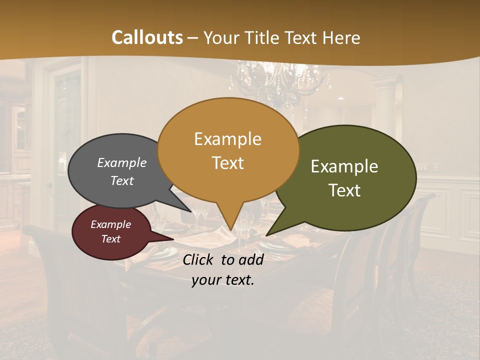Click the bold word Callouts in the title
(x=147, y=37)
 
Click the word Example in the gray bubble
(x=121, y=162)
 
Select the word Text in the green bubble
(x=344, y=190)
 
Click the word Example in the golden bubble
(x=227, y=138)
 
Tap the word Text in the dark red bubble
(x=110, y=239)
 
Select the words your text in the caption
(x=223, y=280)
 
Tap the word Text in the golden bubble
(x=227, y=163)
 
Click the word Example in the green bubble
(x=344, y=166)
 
